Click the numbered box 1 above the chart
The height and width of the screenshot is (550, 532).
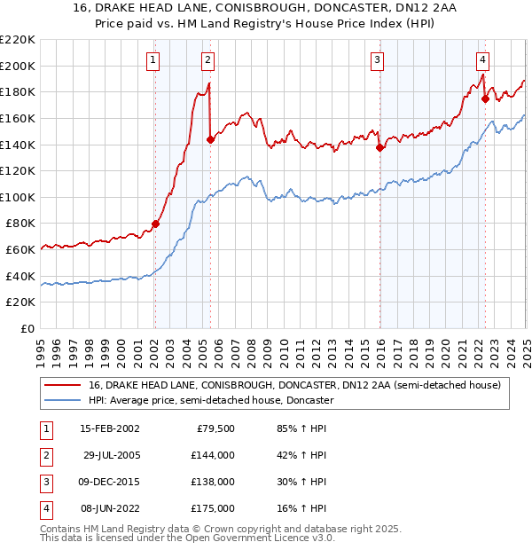pyautogui.click(x=154, y=60)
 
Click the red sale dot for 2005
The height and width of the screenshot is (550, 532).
pyautogui.click(x=210, y=139)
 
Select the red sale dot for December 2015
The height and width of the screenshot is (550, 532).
pyautogui.click(x=379, y=147)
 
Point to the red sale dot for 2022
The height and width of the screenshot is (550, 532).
pyautogui.click(x=485, y=98)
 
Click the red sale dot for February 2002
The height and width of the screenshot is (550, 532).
pyautogui.click(x=155, y=224)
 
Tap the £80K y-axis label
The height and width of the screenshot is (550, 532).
pyautogui.click(x=20, y=224)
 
